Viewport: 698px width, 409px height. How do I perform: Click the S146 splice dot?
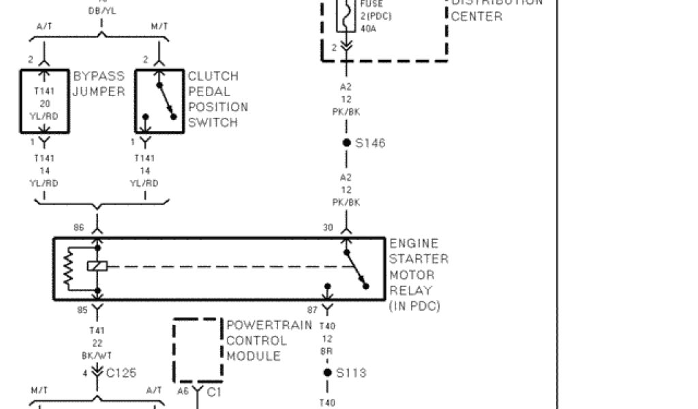click(346, 142)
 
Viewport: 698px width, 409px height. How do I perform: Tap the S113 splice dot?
click(328, 372)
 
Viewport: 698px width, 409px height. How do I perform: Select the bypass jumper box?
click(45, 100)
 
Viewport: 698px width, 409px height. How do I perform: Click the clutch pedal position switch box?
click(160, 100)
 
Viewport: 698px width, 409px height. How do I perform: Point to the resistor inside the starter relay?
click(68, 267)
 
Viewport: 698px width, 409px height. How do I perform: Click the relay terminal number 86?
click(79, 227)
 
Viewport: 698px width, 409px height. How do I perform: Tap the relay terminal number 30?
click(328, 227)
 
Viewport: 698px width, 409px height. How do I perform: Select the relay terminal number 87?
click(312, 310)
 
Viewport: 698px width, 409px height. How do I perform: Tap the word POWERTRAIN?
click(269, 325)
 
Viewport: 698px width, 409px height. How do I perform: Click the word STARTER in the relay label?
click(419, 259)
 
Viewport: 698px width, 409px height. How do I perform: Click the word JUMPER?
click(99, 91)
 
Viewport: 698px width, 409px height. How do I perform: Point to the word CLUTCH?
click(213, 76)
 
